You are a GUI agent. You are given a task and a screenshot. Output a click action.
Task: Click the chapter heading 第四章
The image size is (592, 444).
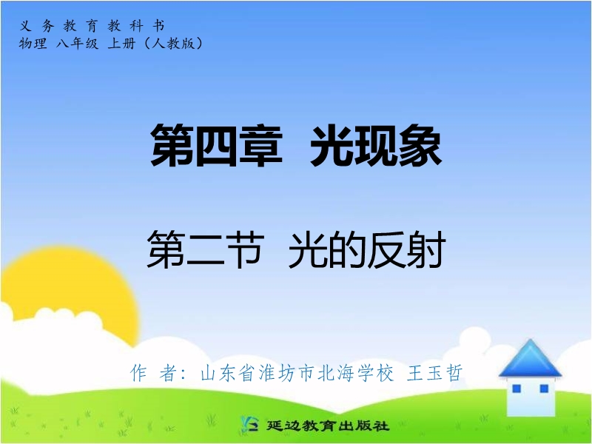(217, 145)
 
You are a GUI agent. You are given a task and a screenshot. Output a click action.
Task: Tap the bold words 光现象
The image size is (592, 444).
(376, 145)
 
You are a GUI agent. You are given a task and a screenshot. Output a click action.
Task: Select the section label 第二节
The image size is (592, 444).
(206, 249)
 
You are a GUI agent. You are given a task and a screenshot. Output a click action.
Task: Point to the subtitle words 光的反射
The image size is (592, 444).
(367, 249)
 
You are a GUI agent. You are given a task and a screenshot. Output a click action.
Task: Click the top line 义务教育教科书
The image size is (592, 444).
(92, 26)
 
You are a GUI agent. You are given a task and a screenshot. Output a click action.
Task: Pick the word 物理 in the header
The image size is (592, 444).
(33, 44)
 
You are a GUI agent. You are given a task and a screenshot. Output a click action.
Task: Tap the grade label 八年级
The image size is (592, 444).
(77, 44)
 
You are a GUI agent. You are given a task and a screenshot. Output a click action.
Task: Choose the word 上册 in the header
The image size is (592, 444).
(121, 44)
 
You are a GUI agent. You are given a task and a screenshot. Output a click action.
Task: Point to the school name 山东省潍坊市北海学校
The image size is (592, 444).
(297, 373)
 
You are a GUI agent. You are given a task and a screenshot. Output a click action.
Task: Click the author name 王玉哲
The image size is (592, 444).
(434, 373)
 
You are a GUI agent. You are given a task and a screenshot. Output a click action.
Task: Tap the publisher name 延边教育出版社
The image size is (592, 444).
(328, 425)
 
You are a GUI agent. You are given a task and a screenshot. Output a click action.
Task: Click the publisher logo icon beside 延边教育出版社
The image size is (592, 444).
(249, 424)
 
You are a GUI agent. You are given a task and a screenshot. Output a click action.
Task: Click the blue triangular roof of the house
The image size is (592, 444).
(530, 359)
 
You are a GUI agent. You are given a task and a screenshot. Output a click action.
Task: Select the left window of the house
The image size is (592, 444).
(516, 388)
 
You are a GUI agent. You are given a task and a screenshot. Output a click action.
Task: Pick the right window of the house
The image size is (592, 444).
(544, 388)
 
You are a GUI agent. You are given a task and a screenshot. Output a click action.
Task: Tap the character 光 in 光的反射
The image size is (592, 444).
(308, 249)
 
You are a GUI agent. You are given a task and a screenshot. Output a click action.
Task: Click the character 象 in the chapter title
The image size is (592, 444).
(420, 145)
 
